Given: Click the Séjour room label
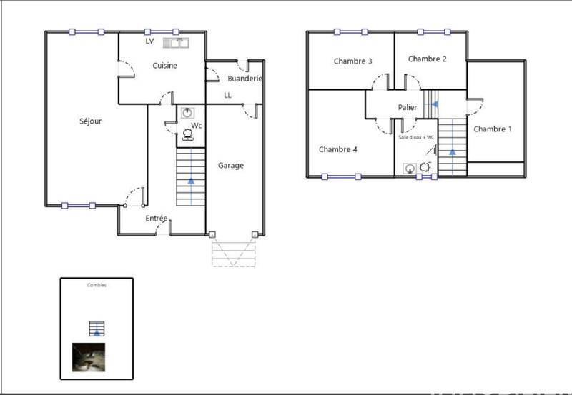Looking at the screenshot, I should tap(90, 121).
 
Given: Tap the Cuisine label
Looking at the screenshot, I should tap(164, 65).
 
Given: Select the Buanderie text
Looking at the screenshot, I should tap(245, 78).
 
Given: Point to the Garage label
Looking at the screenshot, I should tap(230, 165).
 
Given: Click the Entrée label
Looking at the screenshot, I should tap(157, 219).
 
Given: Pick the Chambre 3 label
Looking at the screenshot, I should tap(352, 61).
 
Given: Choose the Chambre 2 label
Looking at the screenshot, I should tap(427, 59).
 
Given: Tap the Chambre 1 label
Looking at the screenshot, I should tap(493, 129).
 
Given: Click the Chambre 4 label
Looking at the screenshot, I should tap(338, 149).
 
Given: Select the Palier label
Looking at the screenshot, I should tap(408, 107).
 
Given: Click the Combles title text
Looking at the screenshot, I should tap(97, 285).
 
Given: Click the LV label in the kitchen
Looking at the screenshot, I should tap(149, 41).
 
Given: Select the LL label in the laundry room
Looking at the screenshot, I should tap(227, 94).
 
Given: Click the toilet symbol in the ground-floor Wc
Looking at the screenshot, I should tap(188, 134).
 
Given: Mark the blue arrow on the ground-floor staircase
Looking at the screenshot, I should tap(190, 181).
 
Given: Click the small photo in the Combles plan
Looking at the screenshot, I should tap(89, 358).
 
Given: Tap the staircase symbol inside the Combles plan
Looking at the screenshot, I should tap(97, 329).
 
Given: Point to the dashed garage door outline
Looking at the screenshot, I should tap(233, 252).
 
